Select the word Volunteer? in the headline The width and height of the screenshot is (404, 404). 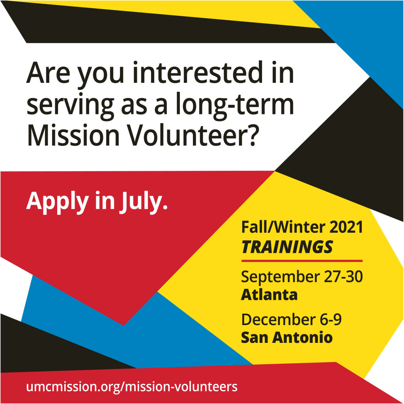[x=193, y=135]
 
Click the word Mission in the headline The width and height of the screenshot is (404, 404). [x=73, y=135]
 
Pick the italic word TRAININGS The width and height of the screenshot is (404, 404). [x=287, y=247]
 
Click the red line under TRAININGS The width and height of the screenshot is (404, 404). [x=302, y=261]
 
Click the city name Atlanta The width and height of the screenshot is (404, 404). [x=269, y=294]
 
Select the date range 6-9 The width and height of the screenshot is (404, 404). [x=331, y=320]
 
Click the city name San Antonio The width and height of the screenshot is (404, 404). [x=287, y=337]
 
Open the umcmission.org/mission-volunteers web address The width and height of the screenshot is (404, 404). [x=132, y=387]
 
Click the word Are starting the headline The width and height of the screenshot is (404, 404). [x=48, y=73]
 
